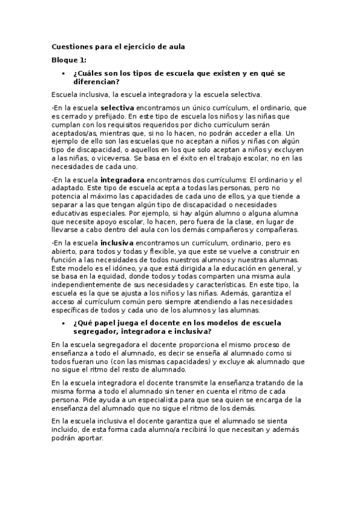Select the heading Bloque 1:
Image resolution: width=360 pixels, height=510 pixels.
(69, 60)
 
